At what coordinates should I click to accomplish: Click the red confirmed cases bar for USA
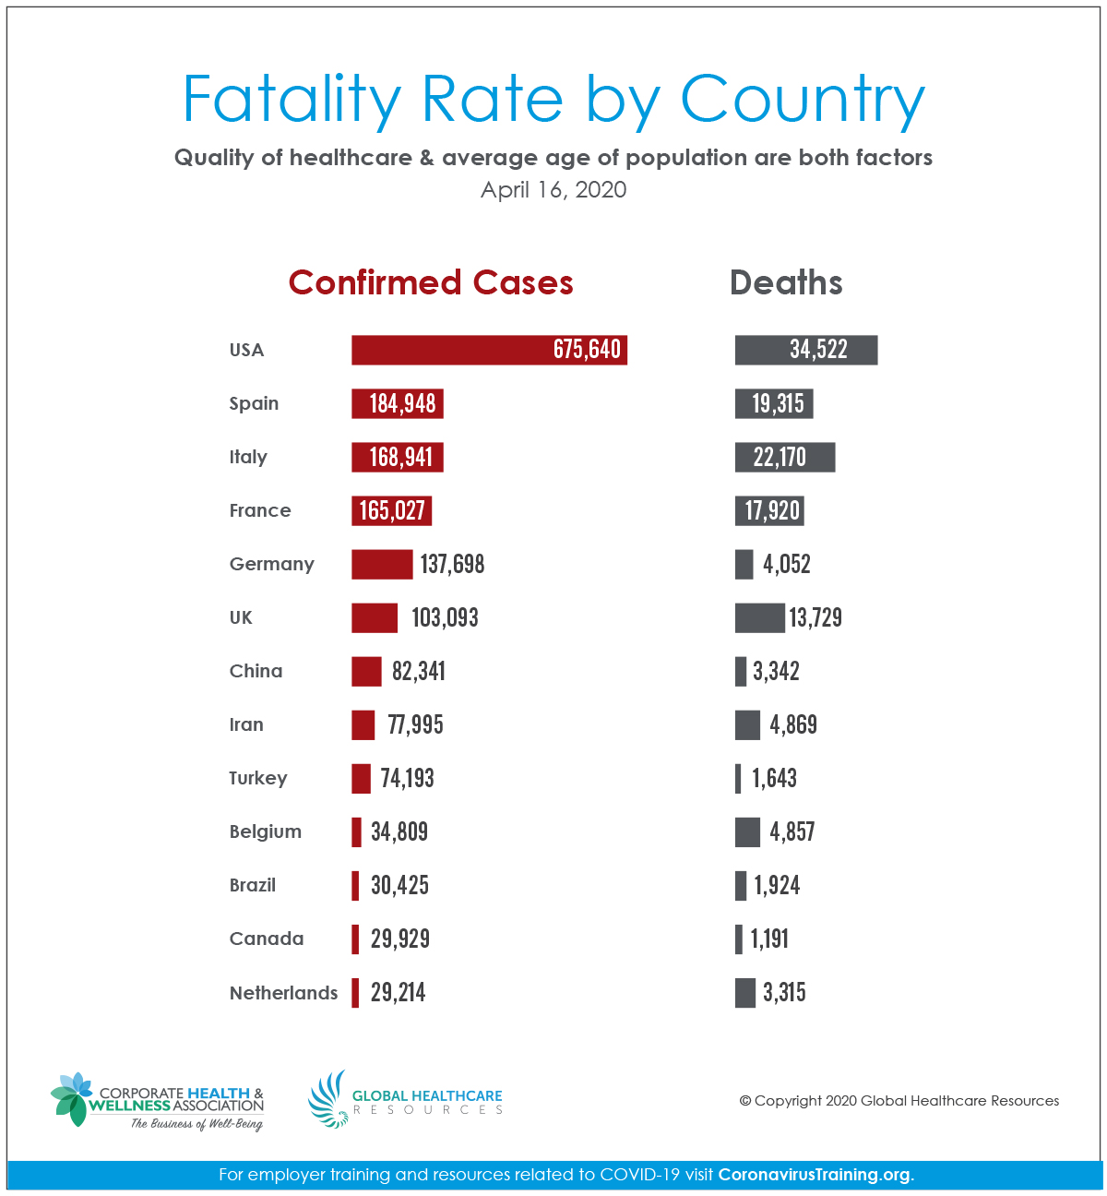tap(489, 350)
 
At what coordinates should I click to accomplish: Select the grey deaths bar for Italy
tap(785, 457)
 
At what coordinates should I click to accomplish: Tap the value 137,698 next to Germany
tap(452, 564)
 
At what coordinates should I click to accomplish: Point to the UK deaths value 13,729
tap(815, 617)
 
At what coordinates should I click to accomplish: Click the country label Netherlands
tap(283, 993)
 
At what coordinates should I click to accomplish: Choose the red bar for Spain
tap(398, 403)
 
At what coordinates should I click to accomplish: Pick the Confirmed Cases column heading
tap(431, 282)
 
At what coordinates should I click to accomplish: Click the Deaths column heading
tap(786, 282)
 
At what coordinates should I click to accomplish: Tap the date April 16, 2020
tap(553, 190)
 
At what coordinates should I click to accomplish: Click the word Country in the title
tap(803, 99)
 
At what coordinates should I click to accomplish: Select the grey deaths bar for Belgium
tap(747, 831)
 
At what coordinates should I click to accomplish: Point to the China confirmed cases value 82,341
tap(419, 671)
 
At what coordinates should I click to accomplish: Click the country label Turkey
tap(258, 778)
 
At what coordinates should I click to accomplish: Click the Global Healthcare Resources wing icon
tap(327, 1098)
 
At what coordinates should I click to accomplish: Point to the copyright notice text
tap(899, 1101)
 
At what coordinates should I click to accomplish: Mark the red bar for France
tap(392, 510)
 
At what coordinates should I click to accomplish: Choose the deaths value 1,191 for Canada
tap(769, 939)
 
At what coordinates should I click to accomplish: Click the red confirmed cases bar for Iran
tap(363, 724)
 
